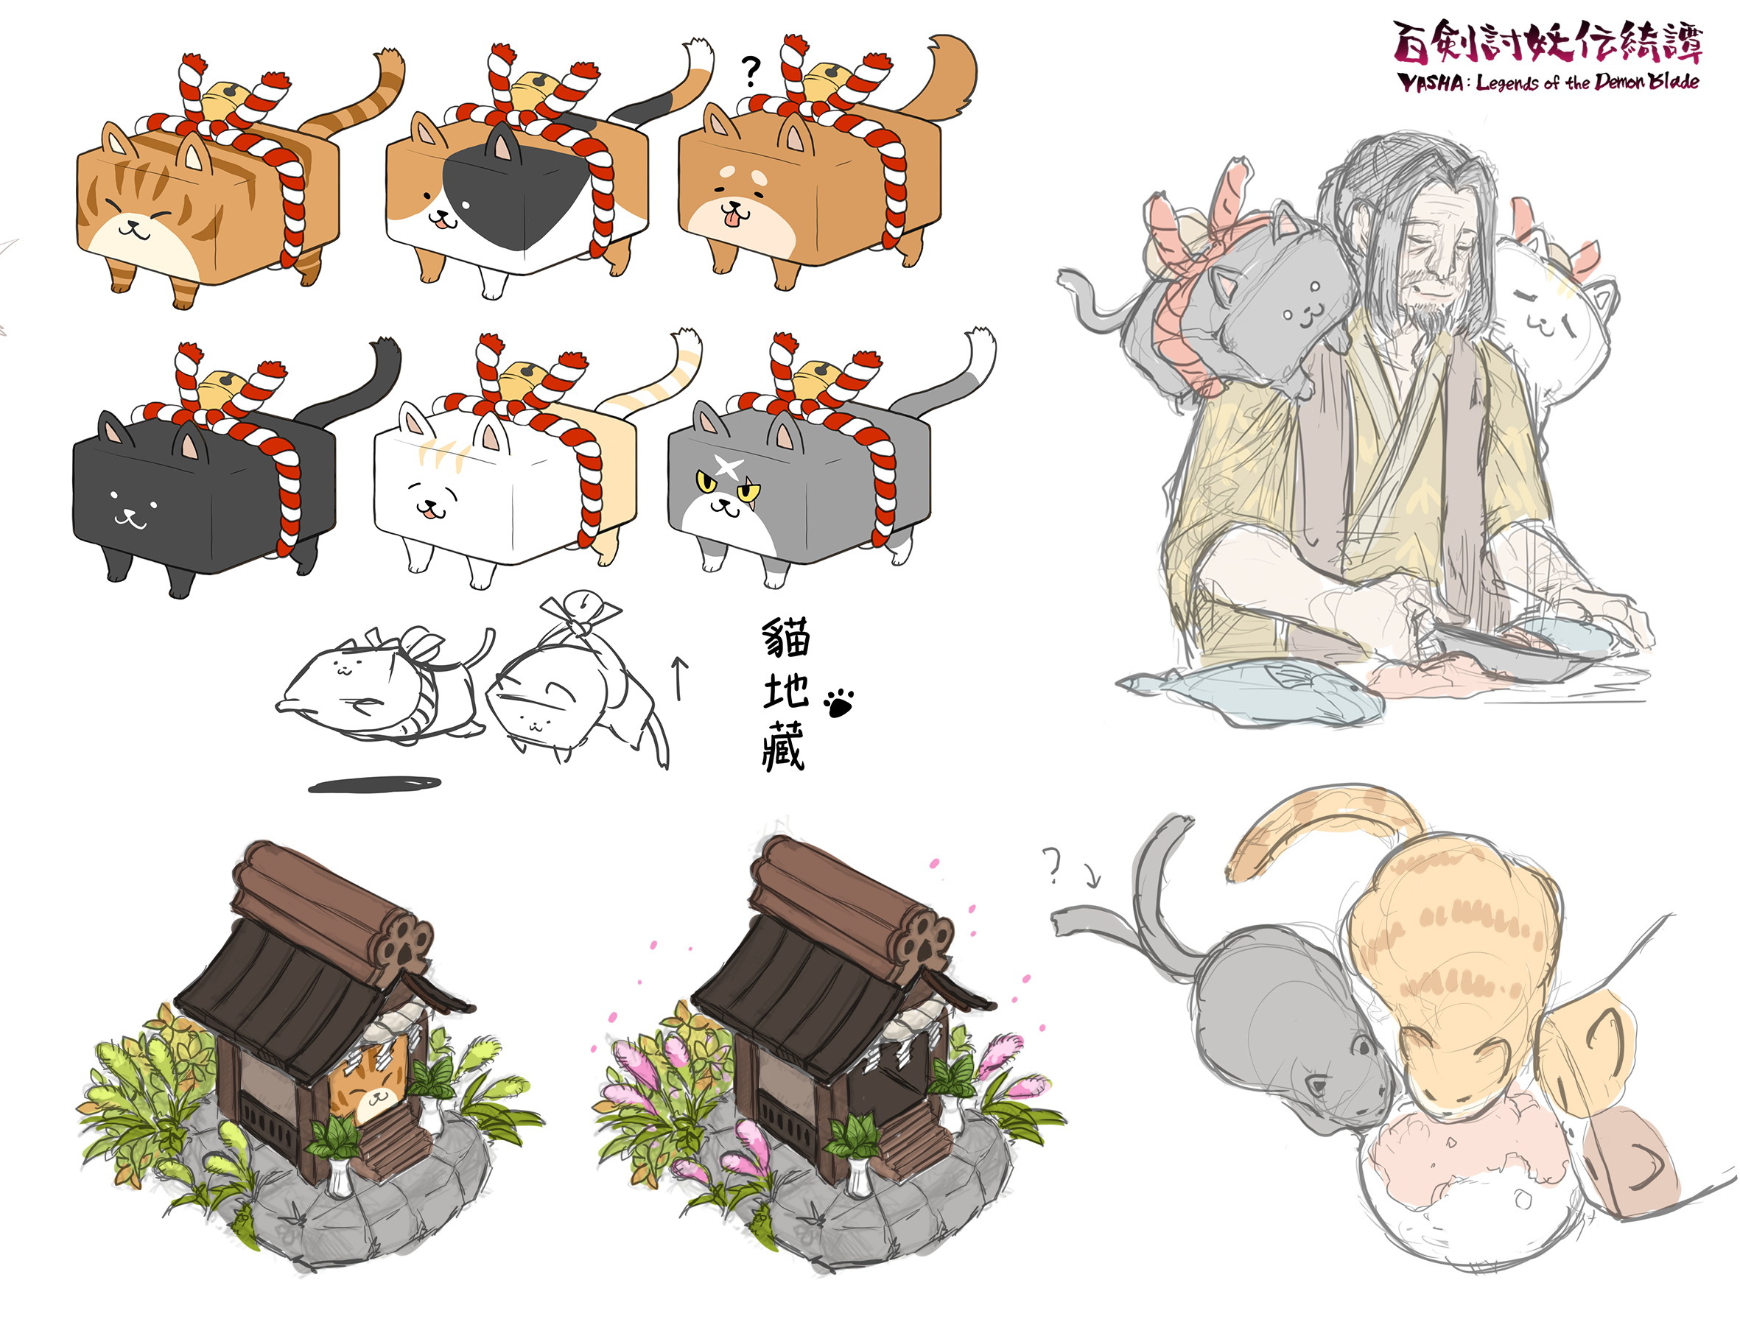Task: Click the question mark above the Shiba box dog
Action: coord(751,71)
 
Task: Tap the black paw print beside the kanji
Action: coord(839,703)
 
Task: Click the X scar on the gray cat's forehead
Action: coord(729,469)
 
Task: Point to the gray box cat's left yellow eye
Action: coord(706,481)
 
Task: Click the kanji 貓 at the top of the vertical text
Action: coord(785,639)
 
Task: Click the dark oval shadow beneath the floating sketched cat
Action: coord(375,784)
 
